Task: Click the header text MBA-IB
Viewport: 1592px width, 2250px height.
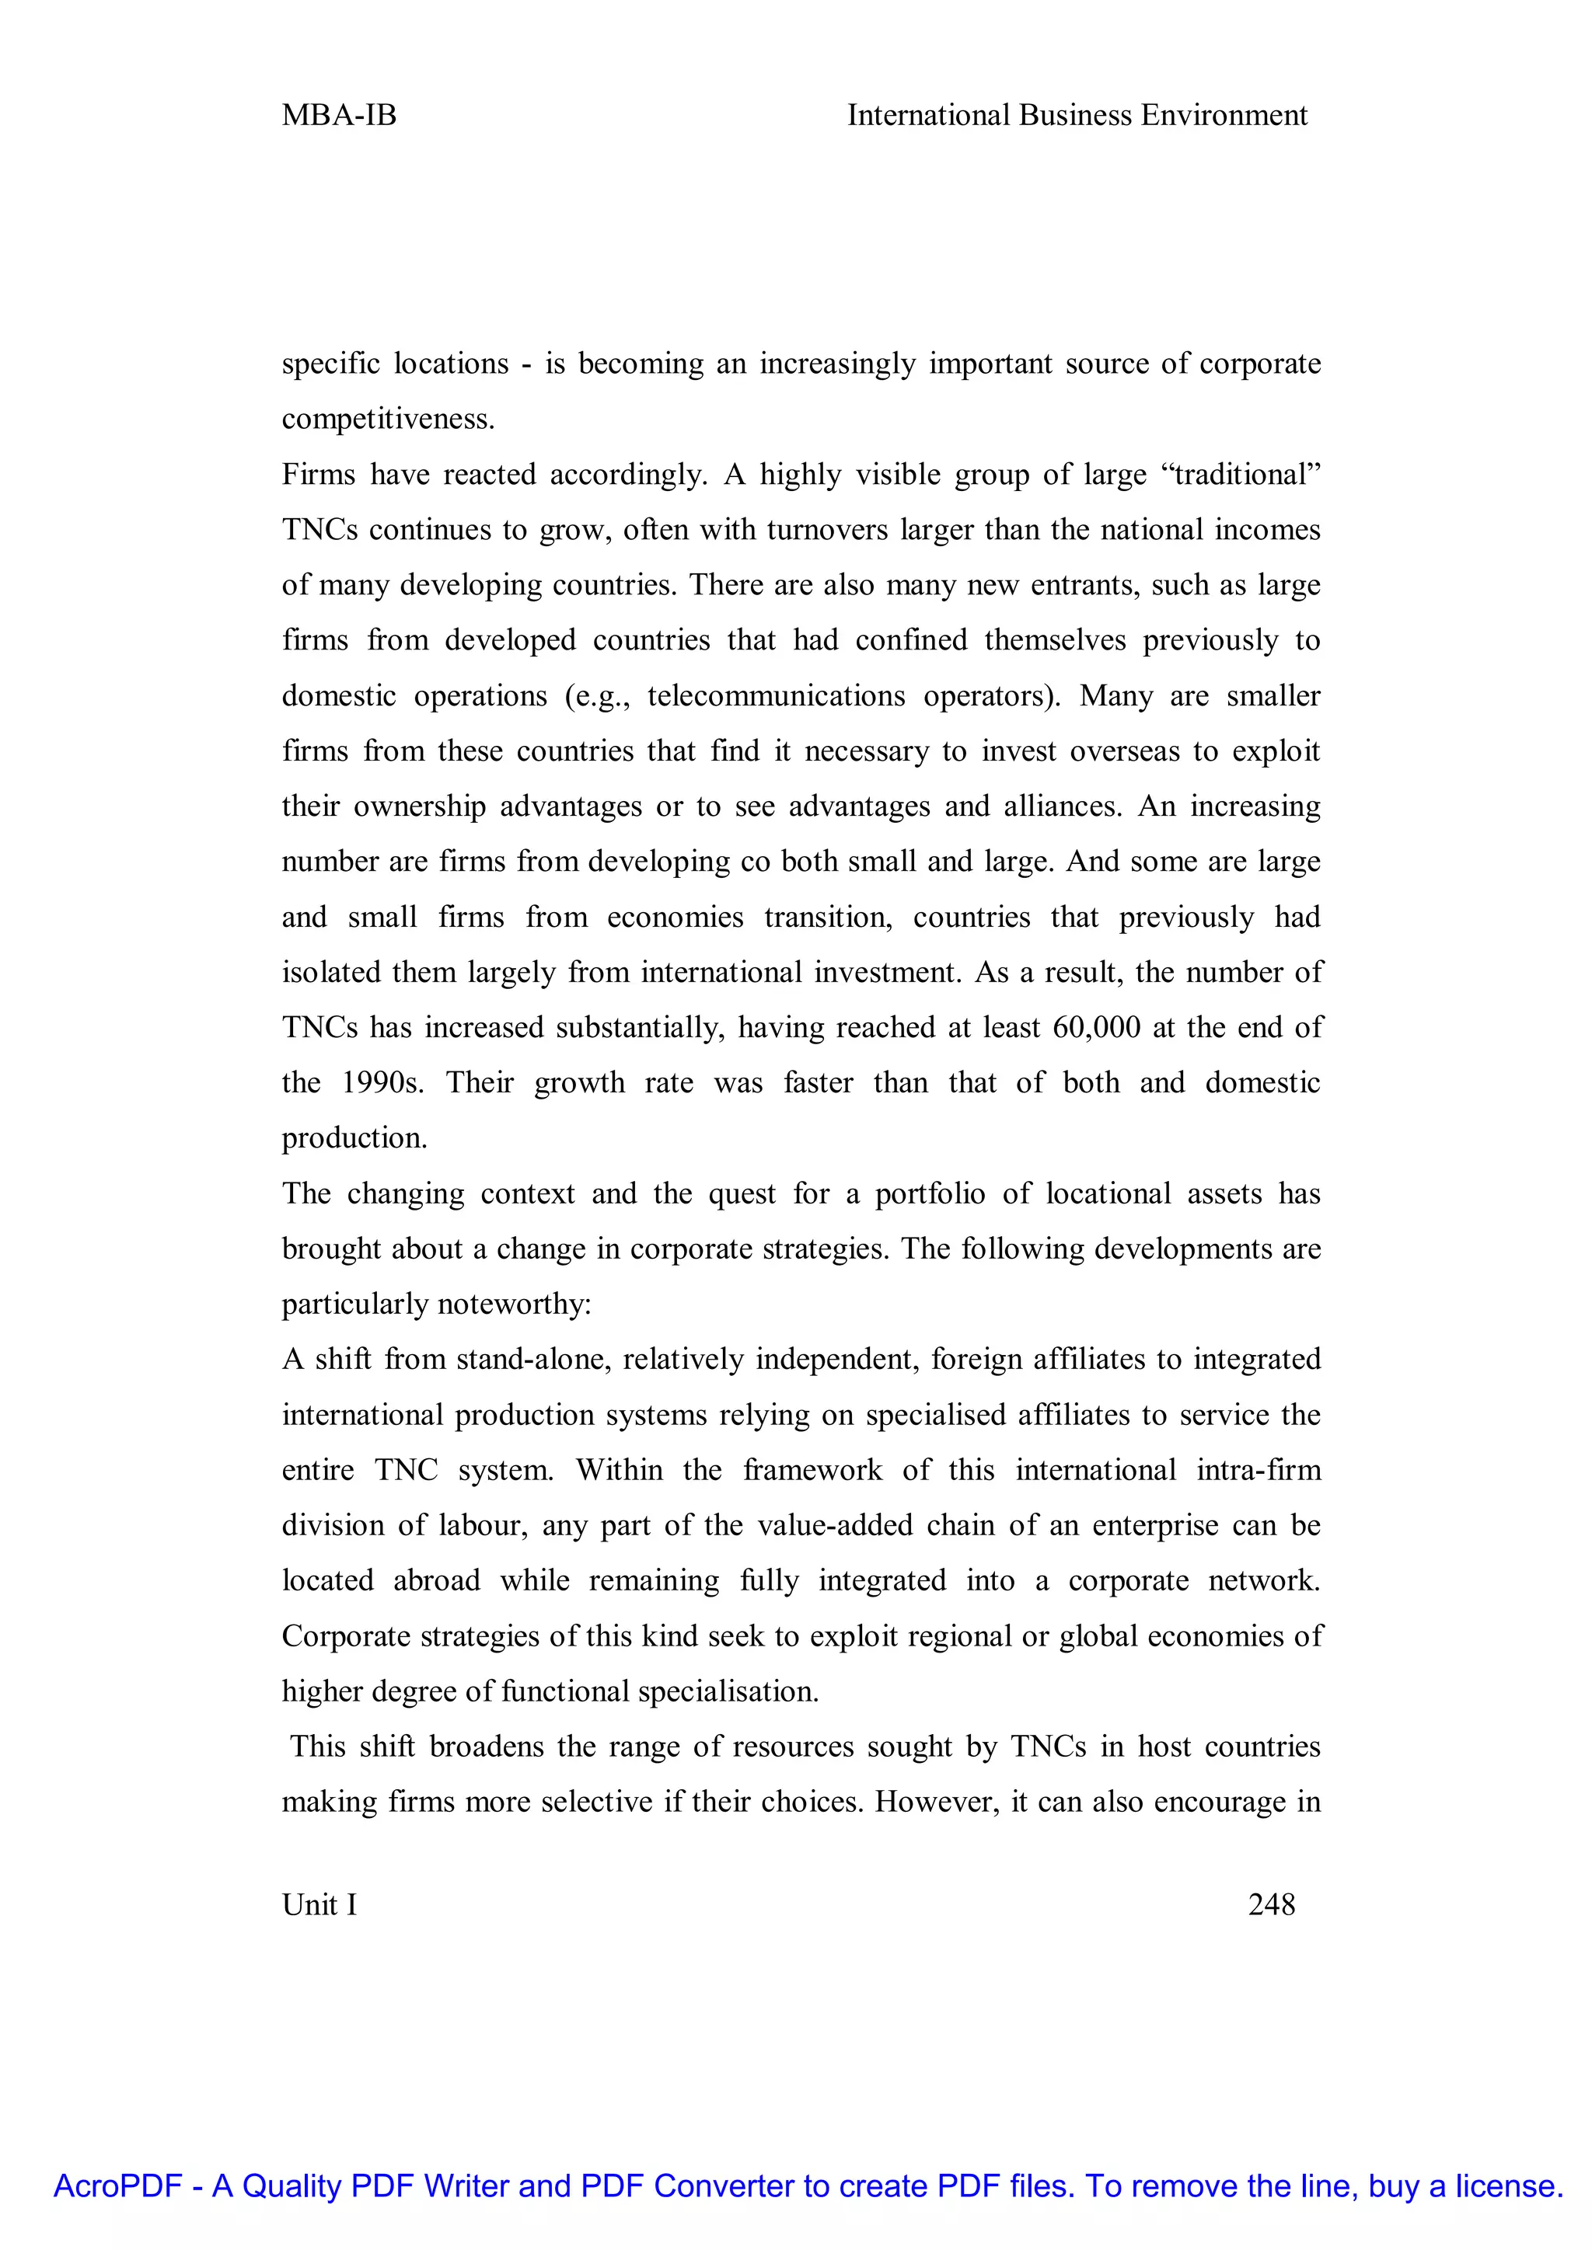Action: pyautogui.click(x=339, y=116)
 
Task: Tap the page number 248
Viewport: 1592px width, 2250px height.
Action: pyautogui.click(x=1272, y=1904)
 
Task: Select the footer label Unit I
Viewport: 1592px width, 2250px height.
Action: pyautogui.click(x=319, y=1904)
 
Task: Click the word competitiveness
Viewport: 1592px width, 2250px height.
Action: pyautogui.click(x=388, y=420)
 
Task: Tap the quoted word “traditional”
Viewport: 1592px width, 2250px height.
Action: pyautogui.click(x=1240, y=475)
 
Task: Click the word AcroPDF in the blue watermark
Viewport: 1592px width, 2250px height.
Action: pyautogui.click(x=117, y=2186)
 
